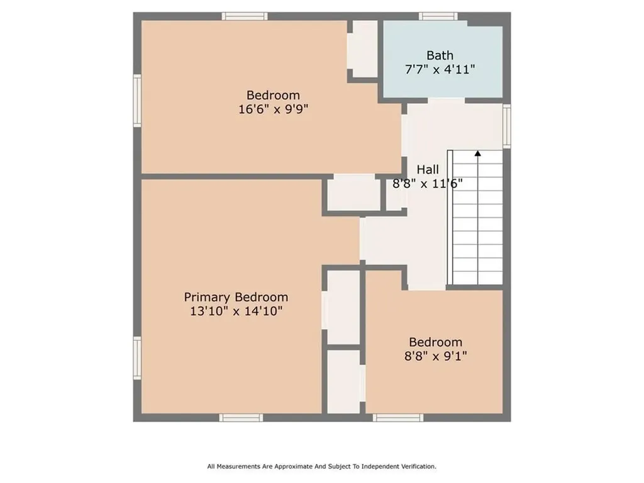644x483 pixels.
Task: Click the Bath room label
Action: coord(440,55)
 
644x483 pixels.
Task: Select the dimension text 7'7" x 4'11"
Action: coord(440,69)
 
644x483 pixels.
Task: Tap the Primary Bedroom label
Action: coord(236,297)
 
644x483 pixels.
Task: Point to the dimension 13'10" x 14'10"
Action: coord(236,311)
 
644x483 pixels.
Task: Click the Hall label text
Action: coord(428,169)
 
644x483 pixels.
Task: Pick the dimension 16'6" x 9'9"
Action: coord(273,109)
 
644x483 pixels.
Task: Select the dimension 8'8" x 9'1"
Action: coord(435,356)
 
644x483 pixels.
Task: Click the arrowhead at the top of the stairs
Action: coord(478,153)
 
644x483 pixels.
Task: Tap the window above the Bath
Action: coord(438,16)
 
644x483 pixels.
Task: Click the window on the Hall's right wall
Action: coord(507,126)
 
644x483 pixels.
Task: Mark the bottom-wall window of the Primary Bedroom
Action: coord(241,418)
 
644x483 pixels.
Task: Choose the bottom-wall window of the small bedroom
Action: coord(398,418)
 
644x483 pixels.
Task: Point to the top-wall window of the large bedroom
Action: coord(245,16)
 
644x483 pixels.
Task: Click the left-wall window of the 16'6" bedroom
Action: coord(137,101)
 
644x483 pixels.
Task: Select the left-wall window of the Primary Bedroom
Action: coord(137,358)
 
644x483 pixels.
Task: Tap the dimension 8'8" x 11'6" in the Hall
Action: coord(428,183)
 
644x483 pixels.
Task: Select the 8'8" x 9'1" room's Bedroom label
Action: coord(435,342)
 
